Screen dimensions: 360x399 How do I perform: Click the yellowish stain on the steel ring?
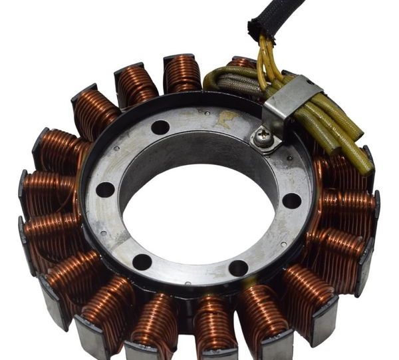[x=228, y=119]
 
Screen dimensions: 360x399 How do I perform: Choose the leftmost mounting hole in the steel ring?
[x=105, y=190]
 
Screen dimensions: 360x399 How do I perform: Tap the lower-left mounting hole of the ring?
[x=142, y=262]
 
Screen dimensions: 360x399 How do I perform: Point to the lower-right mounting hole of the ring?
[x=238, y=268]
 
